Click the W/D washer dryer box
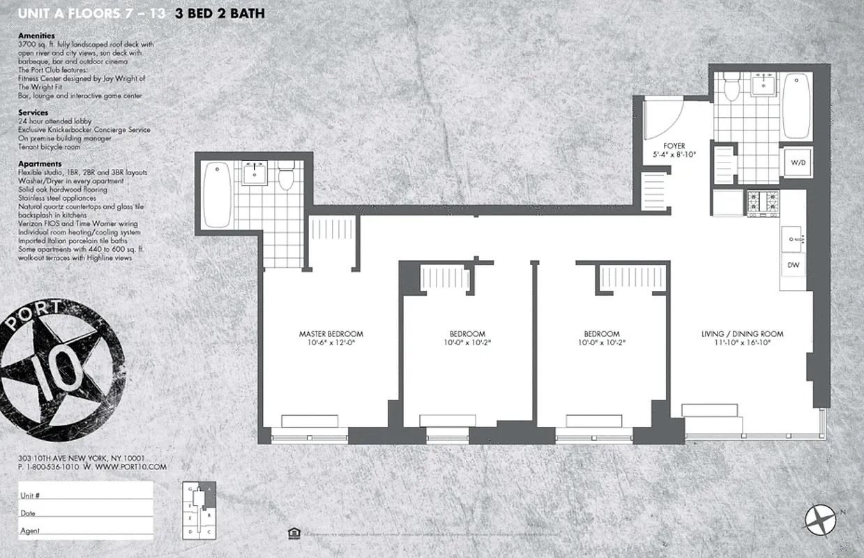pyautogui.click(x=797, y=163)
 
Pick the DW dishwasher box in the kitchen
pyautogui.click(x=793, y=265)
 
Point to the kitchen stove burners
pyautogui.click(x=762, y=203)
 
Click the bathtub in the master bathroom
pyautogui.click(x=217, y=195)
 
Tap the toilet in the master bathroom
pyautogui.click(x=286, y=179)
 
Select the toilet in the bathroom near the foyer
pyautogui.click(x=732, y=88)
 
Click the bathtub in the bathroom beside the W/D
pyautogui.click(x=796, y=107)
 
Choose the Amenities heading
pyautogui.click(x=36, y=36)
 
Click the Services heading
pyautogui.click(x=33, y=112)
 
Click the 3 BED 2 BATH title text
pyautogui.click(x=220, y=13)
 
